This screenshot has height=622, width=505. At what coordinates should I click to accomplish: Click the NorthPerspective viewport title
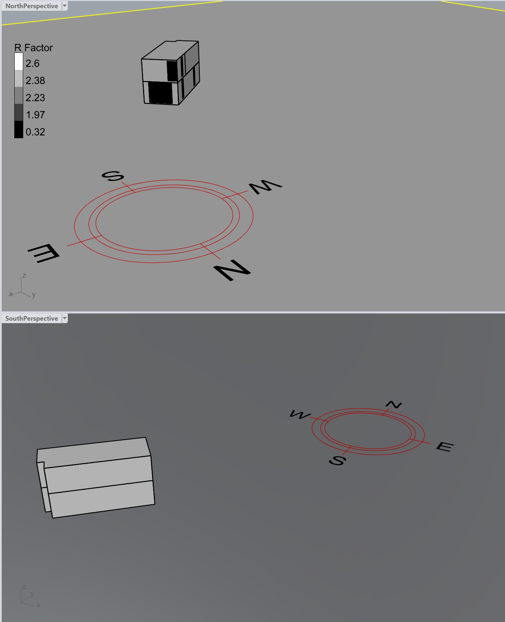(x=31, y=6)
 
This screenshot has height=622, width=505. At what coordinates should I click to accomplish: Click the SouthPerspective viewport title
(x=31, y=318)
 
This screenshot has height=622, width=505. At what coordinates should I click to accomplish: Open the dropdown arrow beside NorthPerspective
(x=65, y=6)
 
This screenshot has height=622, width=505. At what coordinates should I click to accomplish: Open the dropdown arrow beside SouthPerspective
(x=65, y=318)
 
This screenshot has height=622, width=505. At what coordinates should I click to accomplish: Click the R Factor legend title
(x=34, y=48)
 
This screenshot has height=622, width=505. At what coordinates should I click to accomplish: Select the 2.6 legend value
(x=32, y=64)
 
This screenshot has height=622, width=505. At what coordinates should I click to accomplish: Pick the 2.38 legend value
(x=35, y=81)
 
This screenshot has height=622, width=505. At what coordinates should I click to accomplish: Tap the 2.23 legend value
(x=35, y=98)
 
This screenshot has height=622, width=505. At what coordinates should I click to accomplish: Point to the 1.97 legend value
(x=35, y=115)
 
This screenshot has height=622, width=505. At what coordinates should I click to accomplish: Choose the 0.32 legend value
(x=35, y=132)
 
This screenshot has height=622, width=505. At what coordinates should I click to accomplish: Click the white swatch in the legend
(x=19, y=61)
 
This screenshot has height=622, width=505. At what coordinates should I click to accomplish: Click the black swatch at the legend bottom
(x=19, y=129)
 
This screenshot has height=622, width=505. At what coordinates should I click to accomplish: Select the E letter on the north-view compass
(x=44, y=253)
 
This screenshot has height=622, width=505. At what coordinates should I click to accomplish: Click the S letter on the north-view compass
(x=113, y=176)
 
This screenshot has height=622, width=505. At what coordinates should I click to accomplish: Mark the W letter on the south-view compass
(x=299, y=415)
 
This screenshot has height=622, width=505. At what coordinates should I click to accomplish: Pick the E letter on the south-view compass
(x=445, y=447)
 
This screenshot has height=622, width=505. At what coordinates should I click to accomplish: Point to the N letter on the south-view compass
(x=394, y=405)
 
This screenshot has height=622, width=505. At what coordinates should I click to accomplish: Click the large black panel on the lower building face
(x=161, y=92)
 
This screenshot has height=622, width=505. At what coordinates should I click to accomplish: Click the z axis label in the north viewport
(x=24, y=276)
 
